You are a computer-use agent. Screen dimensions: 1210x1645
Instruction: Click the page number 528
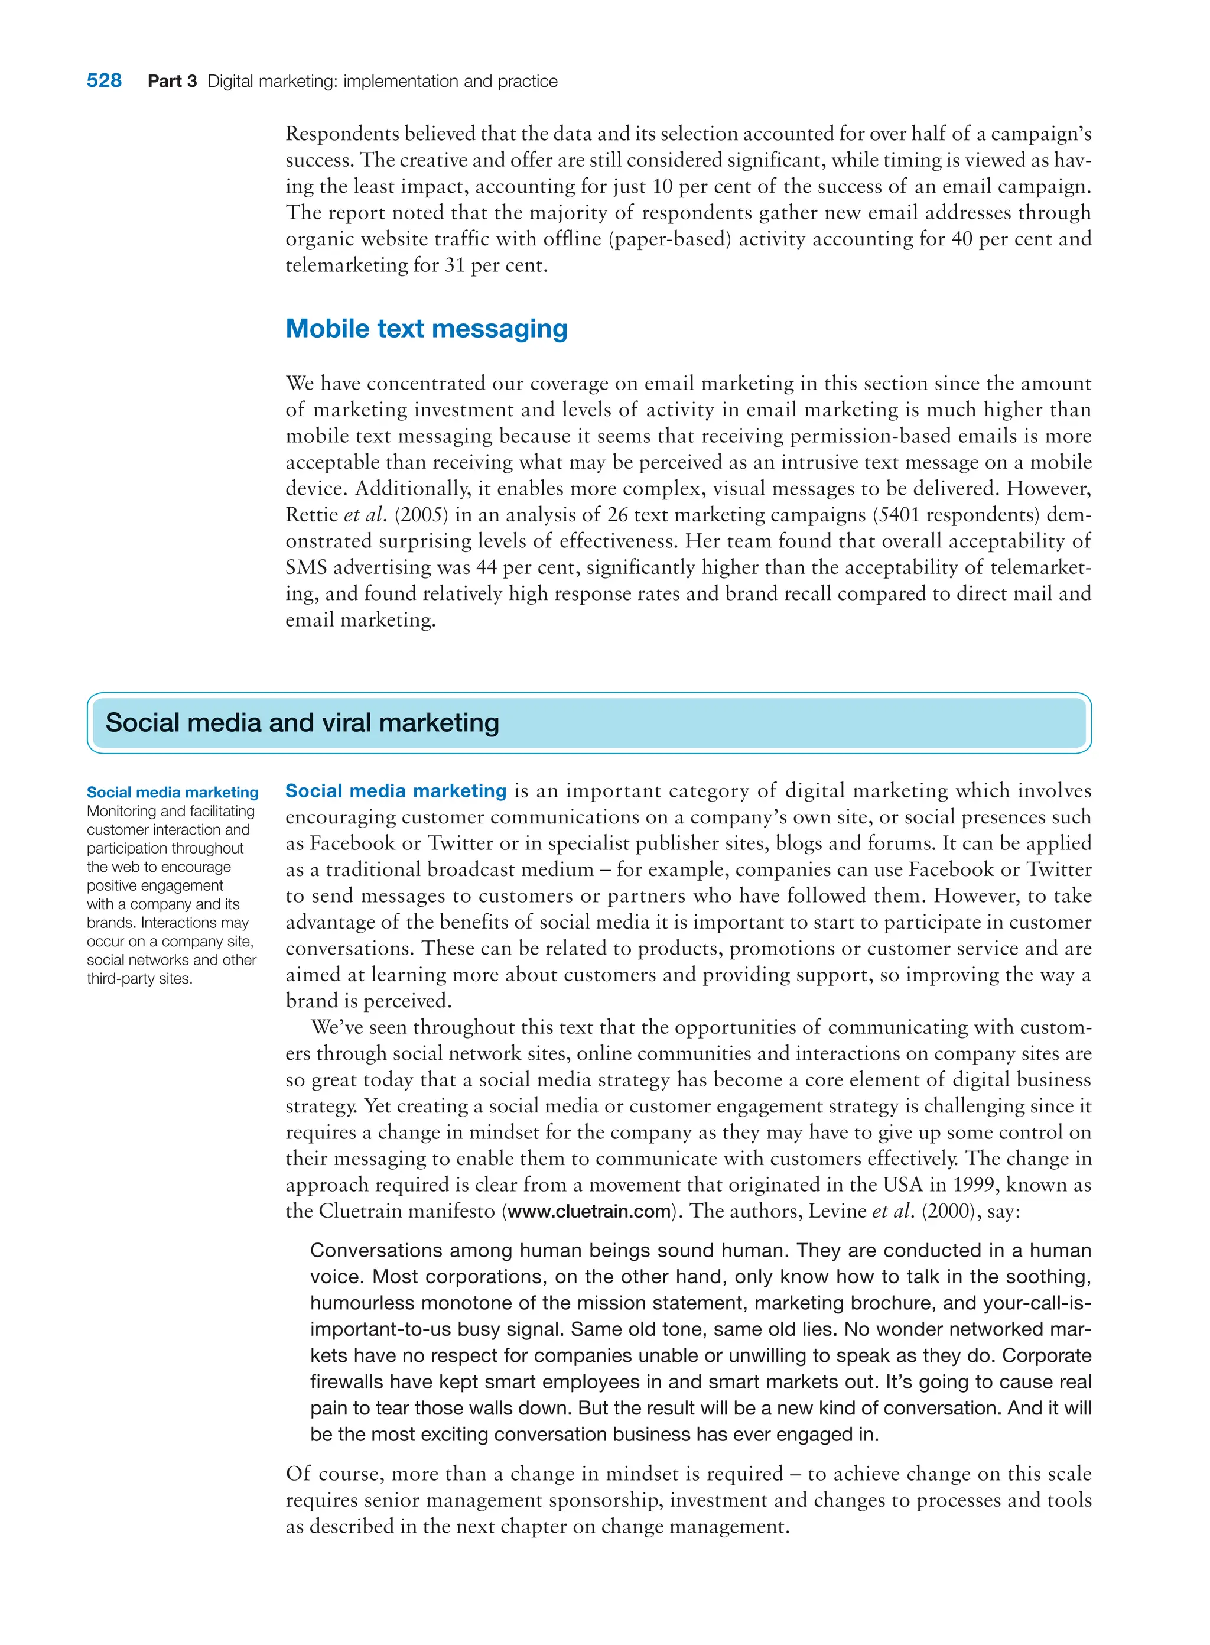point(104,80)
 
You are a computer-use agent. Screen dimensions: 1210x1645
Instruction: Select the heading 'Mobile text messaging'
point(427,328)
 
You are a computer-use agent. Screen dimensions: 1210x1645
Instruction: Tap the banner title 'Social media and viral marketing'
point(302,722)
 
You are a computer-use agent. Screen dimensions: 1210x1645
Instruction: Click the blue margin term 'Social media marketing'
point(172,792)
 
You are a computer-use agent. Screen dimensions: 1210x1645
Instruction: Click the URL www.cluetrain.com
point(589,1211)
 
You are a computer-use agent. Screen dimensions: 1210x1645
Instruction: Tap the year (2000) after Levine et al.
point(950,1211)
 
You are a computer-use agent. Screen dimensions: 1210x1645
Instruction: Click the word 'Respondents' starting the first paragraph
point(342,134)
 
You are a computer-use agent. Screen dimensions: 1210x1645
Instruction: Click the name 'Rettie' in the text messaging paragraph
point(312,514)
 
